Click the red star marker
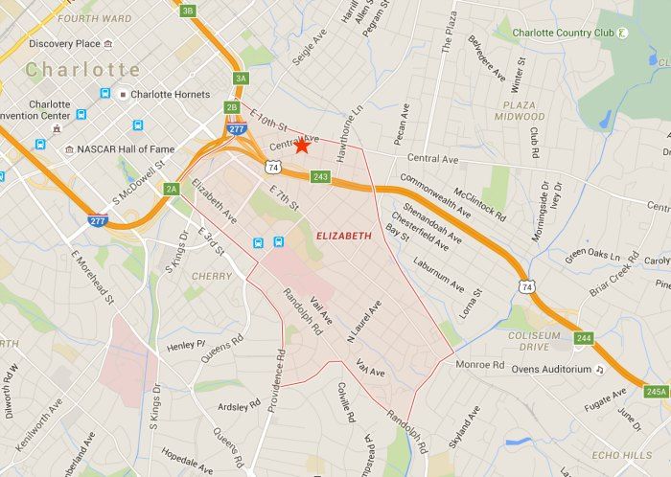click(x=302, y=146)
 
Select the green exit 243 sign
click(x=321, y=176)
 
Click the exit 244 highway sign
click(x=584, y=337)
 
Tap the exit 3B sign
click(x=187, y=11)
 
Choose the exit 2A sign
click(x=172, y=189)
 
